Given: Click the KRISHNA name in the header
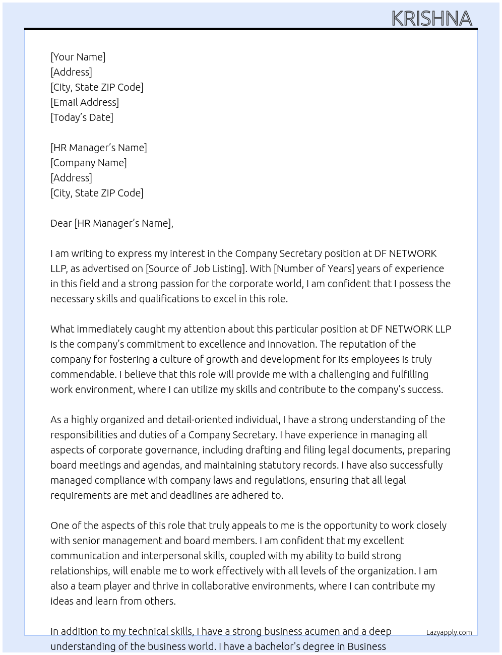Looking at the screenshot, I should [431, 19].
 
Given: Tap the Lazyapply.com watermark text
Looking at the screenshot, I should [449, 632].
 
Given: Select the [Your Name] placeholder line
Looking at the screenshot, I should [78, 57].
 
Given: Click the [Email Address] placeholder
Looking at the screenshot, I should [85, 102].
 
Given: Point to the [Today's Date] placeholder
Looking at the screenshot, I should [82, 117].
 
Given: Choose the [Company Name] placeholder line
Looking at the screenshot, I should [88, 163].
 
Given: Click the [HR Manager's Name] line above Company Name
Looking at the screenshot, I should [99, 148].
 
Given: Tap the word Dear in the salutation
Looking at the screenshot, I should [61, 223].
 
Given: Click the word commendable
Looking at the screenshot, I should [83, 374].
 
